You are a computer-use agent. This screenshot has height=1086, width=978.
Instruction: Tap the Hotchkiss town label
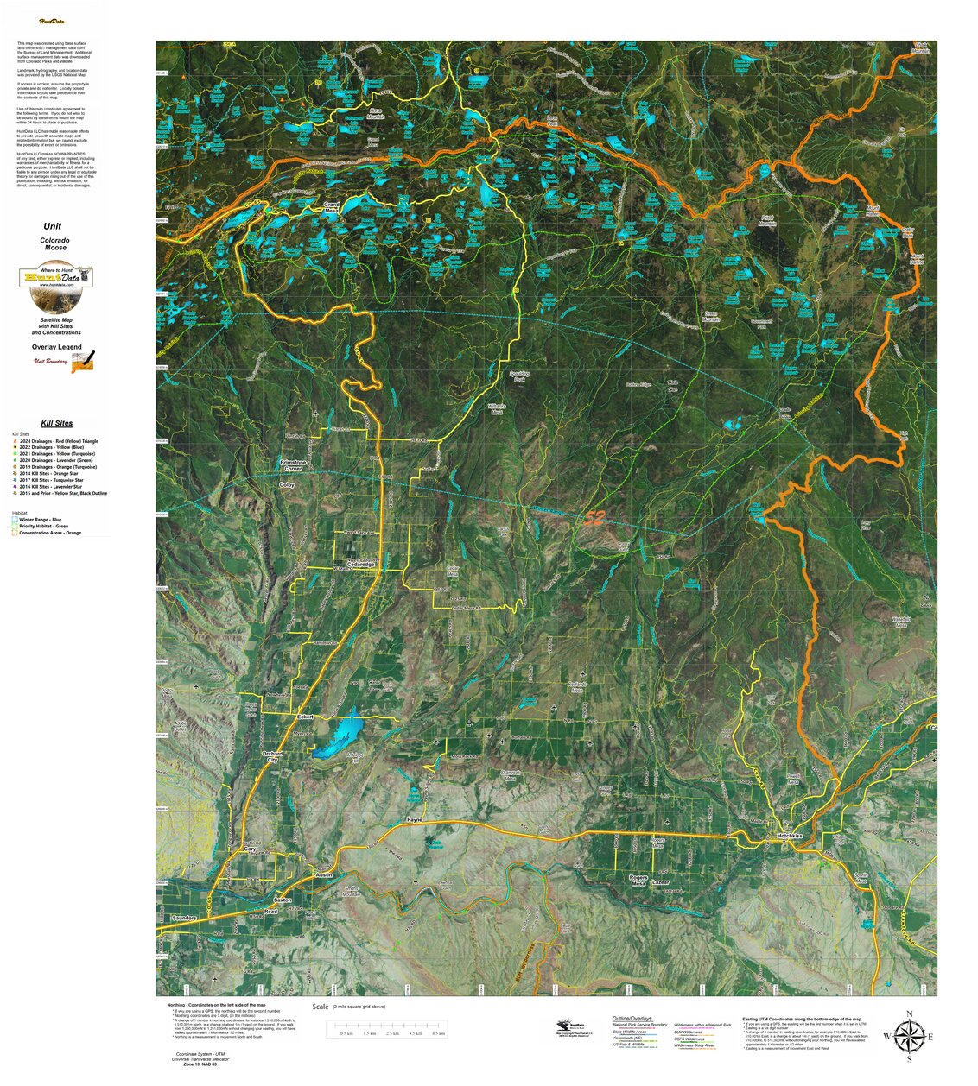click(x=789, y=836)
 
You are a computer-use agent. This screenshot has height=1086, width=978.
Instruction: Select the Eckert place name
click(x=306, y=717)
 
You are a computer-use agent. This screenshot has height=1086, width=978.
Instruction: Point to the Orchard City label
click(x=272, y=756)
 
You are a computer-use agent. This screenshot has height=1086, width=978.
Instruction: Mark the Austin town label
click(x=324, y=874)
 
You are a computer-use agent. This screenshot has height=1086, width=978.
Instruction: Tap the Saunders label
click(x=184, y=918)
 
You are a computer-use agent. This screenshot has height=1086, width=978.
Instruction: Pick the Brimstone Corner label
click(x=293, y=465)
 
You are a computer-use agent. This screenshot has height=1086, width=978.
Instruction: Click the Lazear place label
click(x=660, y=881)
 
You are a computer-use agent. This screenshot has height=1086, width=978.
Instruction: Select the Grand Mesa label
click(x=331, y=207)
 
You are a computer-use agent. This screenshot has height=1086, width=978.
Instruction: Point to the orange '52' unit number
click(x=593, y=518)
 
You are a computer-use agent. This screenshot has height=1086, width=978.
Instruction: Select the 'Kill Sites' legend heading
click(x=56, y=423)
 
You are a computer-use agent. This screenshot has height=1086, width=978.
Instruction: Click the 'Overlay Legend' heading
click(x=56, y=347)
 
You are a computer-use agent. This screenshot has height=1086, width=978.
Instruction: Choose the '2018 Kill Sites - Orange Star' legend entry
click(x=48, y=474)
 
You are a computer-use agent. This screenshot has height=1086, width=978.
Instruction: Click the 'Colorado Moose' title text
click(x=55, y=243)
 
